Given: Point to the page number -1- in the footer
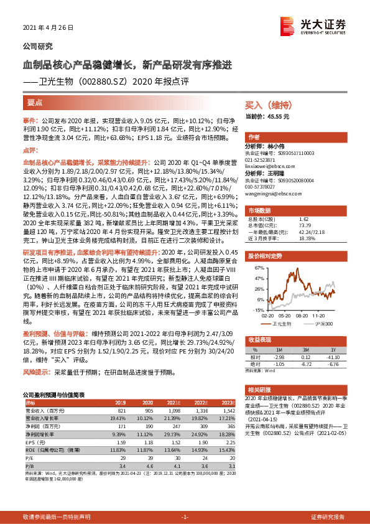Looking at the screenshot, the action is [x=184, y=517].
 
